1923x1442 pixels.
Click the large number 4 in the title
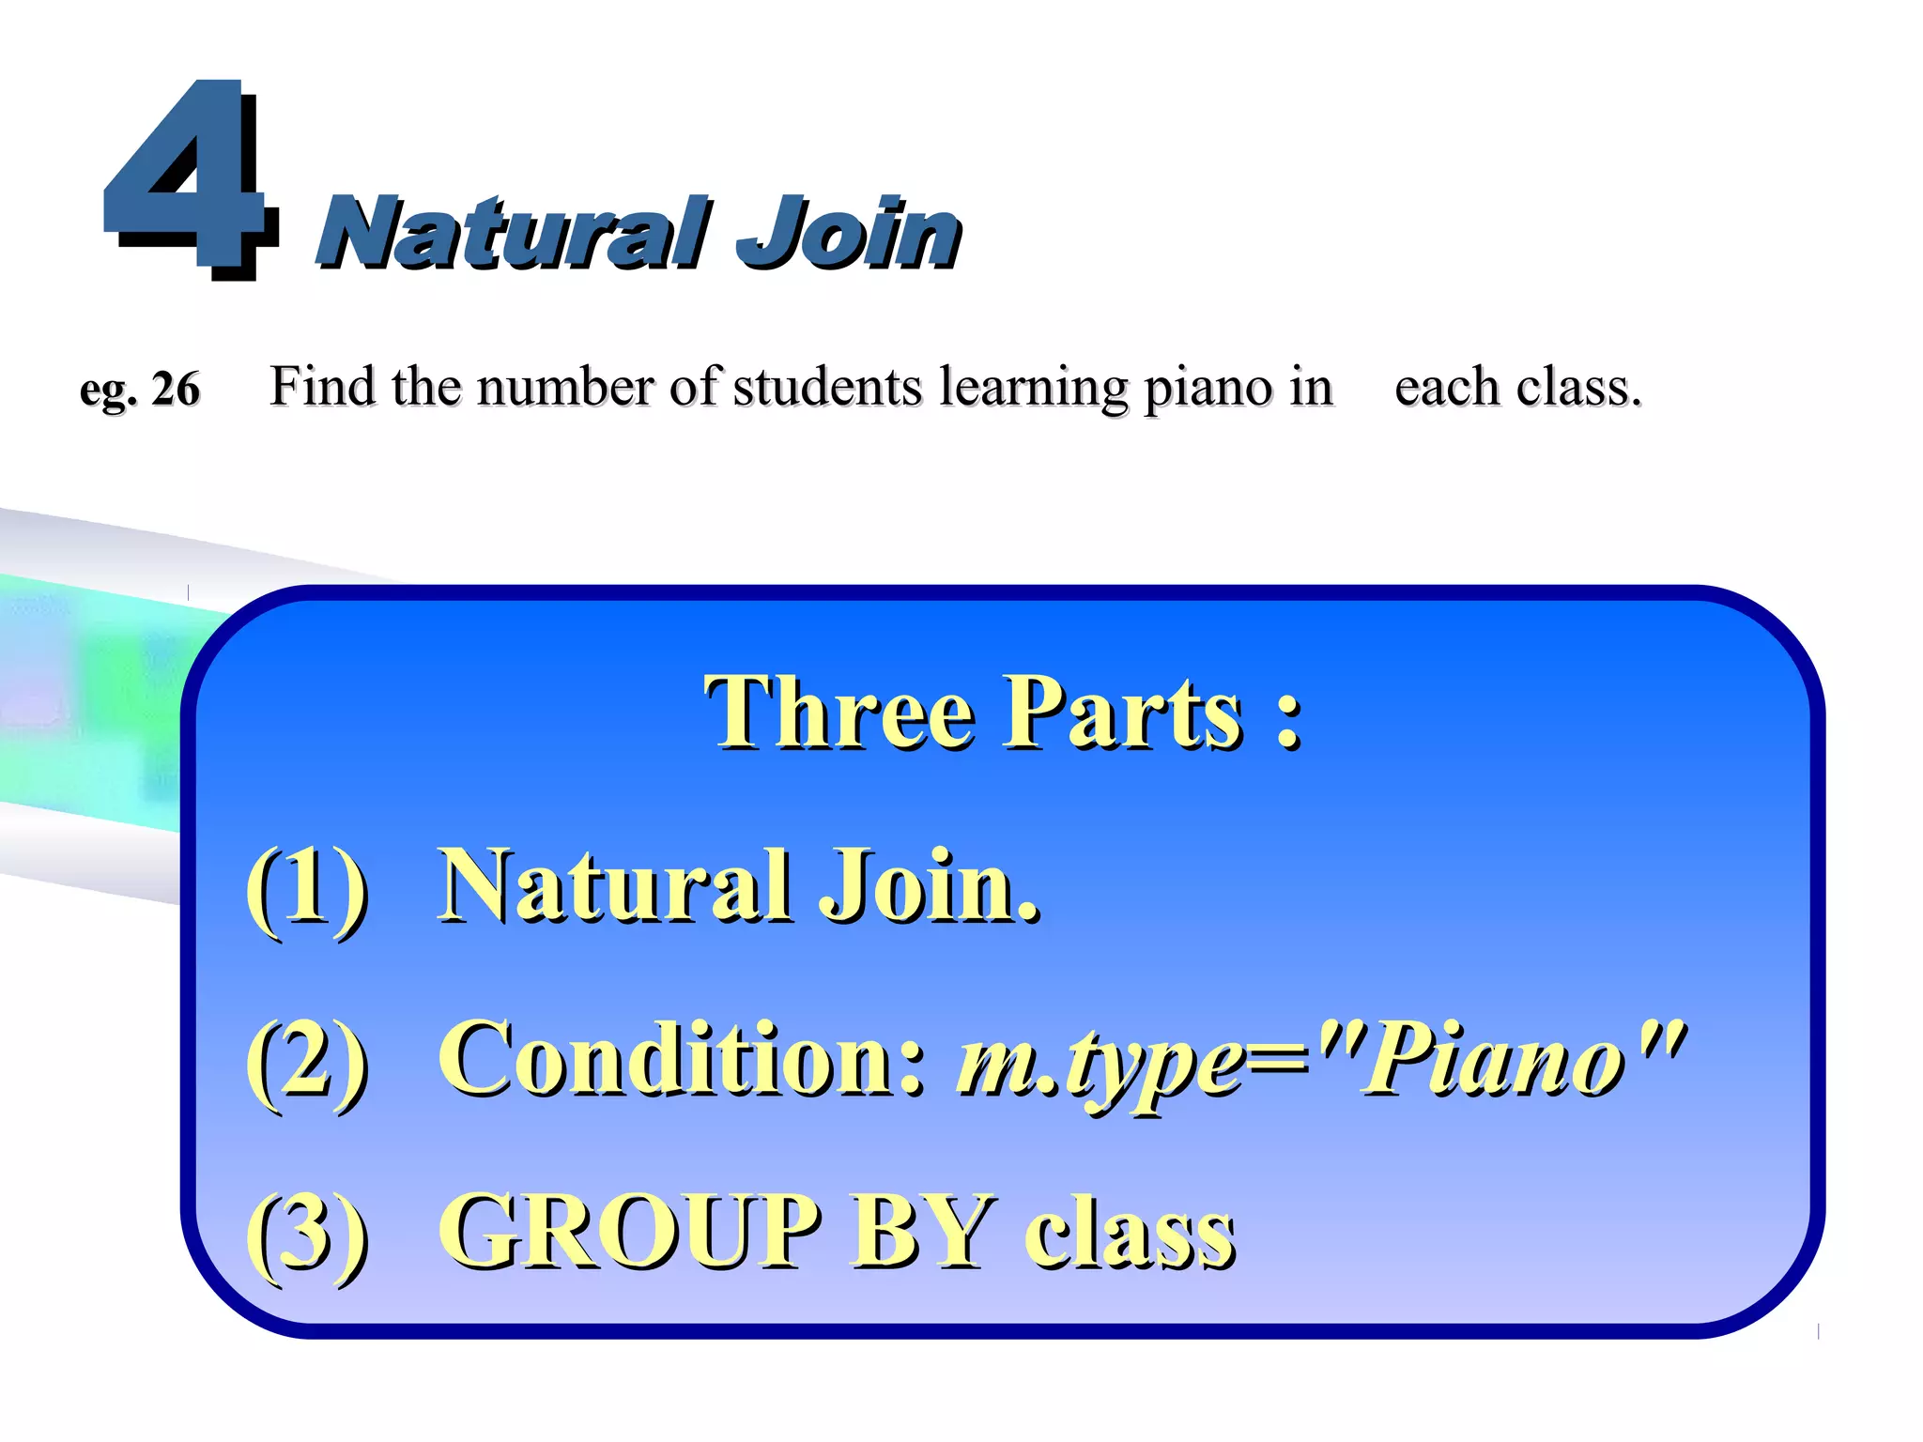tap(188, 178)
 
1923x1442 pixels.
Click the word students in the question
tap(827, 387)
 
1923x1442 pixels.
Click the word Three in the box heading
tap(841, 713)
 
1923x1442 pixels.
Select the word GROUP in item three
tap(630, 1231)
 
